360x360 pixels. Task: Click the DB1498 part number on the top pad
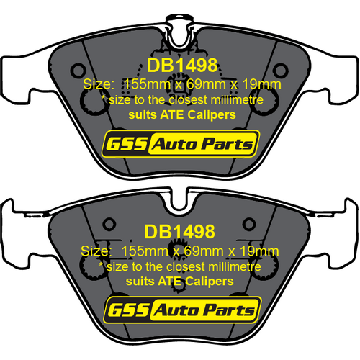coord(182,66)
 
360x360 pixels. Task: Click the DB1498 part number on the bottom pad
coord(180,232)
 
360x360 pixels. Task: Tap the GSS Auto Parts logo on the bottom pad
coord(183,310)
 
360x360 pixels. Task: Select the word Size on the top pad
coord(96,84)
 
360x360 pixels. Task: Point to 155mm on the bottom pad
coord(145,251)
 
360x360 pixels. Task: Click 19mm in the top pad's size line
coord(261,84)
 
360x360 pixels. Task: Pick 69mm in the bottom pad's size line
coord(204,251)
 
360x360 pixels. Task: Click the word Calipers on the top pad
coord(212,115)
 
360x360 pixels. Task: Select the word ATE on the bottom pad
coord(170,281)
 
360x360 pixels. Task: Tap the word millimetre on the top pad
coord(237,99)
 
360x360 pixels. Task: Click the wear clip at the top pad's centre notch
coord(179,31)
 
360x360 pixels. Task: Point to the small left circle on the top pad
coord(78,71)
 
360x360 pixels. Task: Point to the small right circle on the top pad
coord(280,71)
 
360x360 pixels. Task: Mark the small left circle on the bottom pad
coord(109,224)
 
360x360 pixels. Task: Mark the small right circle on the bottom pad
coord(249,224)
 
